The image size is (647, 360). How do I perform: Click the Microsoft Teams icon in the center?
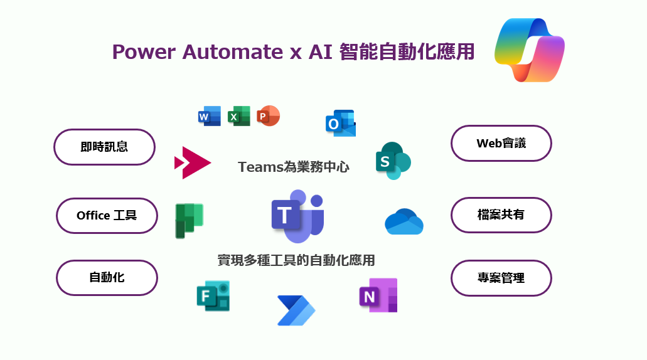(x=297, y=216)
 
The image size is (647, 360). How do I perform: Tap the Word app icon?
(x=209, y=116)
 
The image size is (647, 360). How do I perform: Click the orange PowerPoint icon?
(x=268, y=116)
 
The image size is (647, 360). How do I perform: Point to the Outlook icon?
(x=340, y=124)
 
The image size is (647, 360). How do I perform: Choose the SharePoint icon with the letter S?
(x=392, y=161)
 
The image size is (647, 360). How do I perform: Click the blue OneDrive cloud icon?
(x=404, y=221)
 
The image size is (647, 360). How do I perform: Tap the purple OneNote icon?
(x=378, y=295)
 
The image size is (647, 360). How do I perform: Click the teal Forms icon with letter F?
(x=213, y=295)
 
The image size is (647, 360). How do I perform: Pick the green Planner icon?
(x=189, y=221)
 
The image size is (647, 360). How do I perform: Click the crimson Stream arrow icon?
(x=192, y=163)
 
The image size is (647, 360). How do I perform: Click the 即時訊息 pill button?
(x=104, y=147)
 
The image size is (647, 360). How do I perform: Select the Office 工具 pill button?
(x=107, y=216)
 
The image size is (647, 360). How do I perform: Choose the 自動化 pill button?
(x=107, y=277)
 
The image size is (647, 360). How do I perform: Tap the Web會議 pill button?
(x=501, y=143)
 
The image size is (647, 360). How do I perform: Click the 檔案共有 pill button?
(x=501, y=214)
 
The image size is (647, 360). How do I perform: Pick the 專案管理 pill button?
(x=501, y=277)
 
